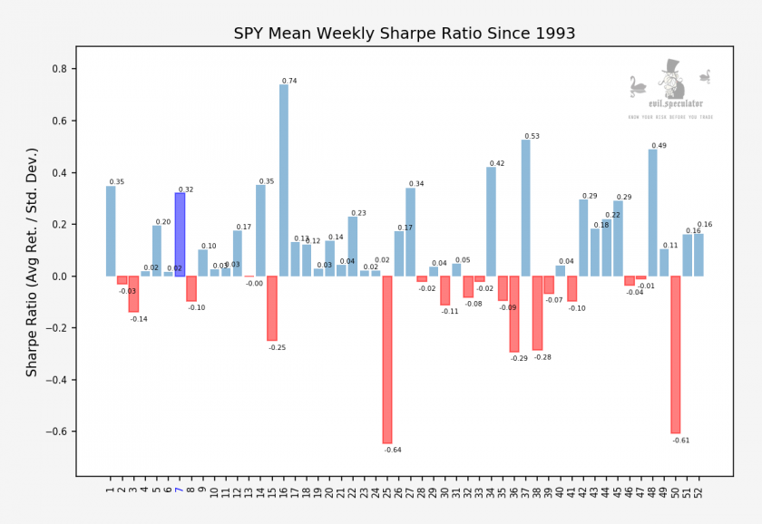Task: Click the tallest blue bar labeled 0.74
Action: click(284, 181)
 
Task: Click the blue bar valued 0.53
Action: click(525, 208)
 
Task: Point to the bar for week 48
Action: click(652, 213)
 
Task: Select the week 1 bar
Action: click(111, 231)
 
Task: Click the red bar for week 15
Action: click(272, 308)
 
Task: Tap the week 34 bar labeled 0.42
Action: click(491, 222)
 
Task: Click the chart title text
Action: click(405, 34)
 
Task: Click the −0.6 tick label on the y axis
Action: click(60, 432)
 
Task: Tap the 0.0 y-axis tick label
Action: click(63, 277)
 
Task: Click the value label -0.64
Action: click(393, 450)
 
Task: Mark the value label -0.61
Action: click(681, 440)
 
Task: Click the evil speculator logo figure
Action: click(671, 82)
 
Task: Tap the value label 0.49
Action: click(659, 146)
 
